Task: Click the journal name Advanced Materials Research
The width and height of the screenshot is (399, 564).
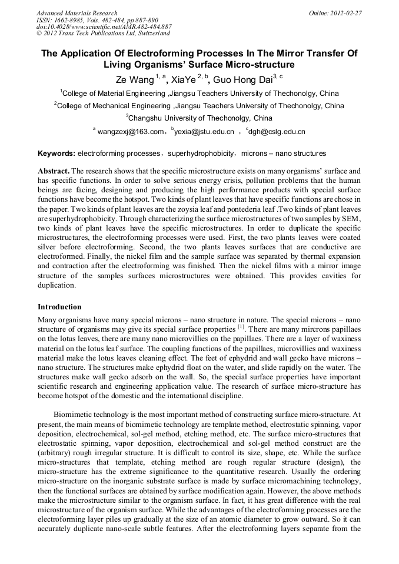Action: click(77, 13)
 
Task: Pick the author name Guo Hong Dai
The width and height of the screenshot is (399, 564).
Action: click(240, 79)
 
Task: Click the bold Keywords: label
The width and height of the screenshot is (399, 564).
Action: click(56, 153)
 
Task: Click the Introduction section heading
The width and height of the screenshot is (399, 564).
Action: click(59, 307)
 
